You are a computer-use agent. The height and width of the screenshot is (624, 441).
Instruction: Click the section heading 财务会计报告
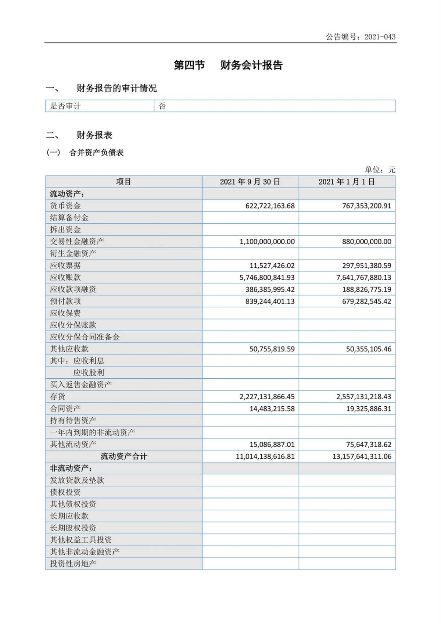click(x=251, y=65)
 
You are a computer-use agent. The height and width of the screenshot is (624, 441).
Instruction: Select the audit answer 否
click(x=162, y=106)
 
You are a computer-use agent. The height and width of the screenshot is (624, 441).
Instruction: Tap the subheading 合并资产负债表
click(x=96, y=153)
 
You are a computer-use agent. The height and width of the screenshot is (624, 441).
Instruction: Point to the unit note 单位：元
click(x=380, y=170)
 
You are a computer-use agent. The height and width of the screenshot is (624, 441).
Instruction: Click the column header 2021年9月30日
click(x=250, y=182)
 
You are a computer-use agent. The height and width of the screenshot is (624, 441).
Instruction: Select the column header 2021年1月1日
click(x=347, y=182)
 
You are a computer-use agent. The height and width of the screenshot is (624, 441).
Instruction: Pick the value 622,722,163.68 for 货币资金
click(x=270, y=206)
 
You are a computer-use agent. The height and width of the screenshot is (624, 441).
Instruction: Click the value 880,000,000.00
click(x=366, y=242)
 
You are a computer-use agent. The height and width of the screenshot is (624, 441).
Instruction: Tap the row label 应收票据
click(x=65, y=265)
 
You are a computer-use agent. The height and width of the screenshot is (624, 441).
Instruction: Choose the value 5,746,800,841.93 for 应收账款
click(x=267, y=278)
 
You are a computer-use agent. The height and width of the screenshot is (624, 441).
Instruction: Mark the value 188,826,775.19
click(x=366, y=289)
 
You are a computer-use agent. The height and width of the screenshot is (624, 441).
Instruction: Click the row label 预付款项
click(x=65, y=301)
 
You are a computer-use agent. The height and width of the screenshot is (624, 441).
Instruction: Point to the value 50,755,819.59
click(x=272, y=349)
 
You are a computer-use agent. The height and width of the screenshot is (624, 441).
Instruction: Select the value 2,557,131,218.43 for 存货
click(x=363, y=397)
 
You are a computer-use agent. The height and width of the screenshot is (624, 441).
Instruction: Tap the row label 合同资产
click(x=65, y=409)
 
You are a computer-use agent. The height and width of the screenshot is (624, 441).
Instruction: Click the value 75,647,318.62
click(x=369, y=445)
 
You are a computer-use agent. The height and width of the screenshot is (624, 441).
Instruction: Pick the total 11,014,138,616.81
click(x=265, y=456)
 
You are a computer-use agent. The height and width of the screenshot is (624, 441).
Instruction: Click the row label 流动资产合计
click(x=124, y=456)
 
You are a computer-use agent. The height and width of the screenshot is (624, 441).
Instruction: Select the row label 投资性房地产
click(x=73, y=564)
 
